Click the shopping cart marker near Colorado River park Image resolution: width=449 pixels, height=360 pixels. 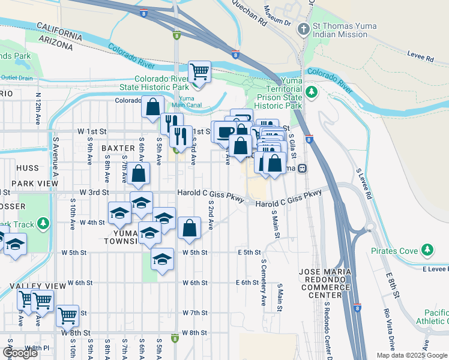[x=199, y=72]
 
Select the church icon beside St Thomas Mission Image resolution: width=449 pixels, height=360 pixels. [x=304, y=28]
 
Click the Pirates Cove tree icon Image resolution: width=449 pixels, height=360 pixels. [x=427, y=248]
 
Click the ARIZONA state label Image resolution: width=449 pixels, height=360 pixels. [x=60, y=42]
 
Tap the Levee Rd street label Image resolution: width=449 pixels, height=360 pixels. [x=421, y=58]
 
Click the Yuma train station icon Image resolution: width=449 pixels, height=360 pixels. [x=304, y=168]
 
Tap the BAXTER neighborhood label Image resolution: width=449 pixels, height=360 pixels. [x=118, y=148]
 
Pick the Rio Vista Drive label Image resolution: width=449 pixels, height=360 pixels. [x=391, y=329]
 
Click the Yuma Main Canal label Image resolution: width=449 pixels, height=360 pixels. [x=186, y=102]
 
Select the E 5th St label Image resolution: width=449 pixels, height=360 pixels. [x=249, y=253]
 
